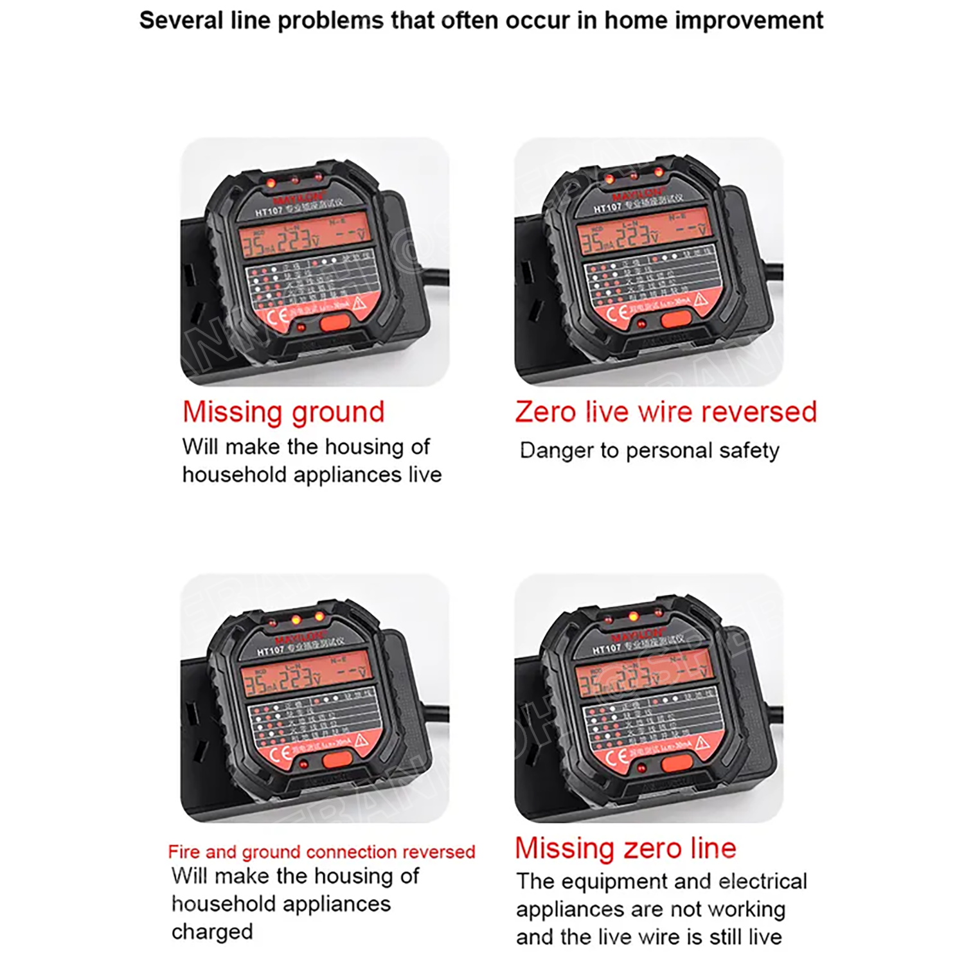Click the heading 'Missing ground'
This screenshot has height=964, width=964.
pyautogui.click(x=283, y=413)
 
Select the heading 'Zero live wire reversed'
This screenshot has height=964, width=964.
pyautogui.click(x=665, y=413)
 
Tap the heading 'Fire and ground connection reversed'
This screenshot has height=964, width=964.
pyautogui.click(x=321, y=852)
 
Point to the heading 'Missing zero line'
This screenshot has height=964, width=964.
pyautogui.click(x=625, y=848)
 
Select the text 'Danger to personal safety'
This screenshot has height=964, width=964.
pyautogui.click(x=649, y=451)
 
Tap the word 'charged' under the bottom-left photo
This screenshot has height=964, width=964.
pyautogui.click(x=212, y=932)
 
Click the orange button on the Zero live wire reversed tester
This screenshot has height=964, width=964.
pyautogui.click(x=675, y=318)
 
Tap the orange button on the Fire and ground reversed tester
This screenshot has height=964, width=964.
pyautogui.click(x=337, y=760)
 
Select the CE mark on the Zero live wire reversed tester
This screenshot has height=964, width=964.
pyautogui.click(x=618, y=313)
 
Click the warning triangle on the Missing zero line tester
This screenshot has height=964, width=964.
pyautogui.click(x=702, y=744)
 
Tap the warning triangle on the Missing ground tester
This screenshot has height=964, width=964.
pyautogui.click(x=359, y=303)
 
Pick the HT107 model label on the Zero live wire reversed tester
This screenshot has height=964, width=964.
pyautogui.click(x=607, y=208)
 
